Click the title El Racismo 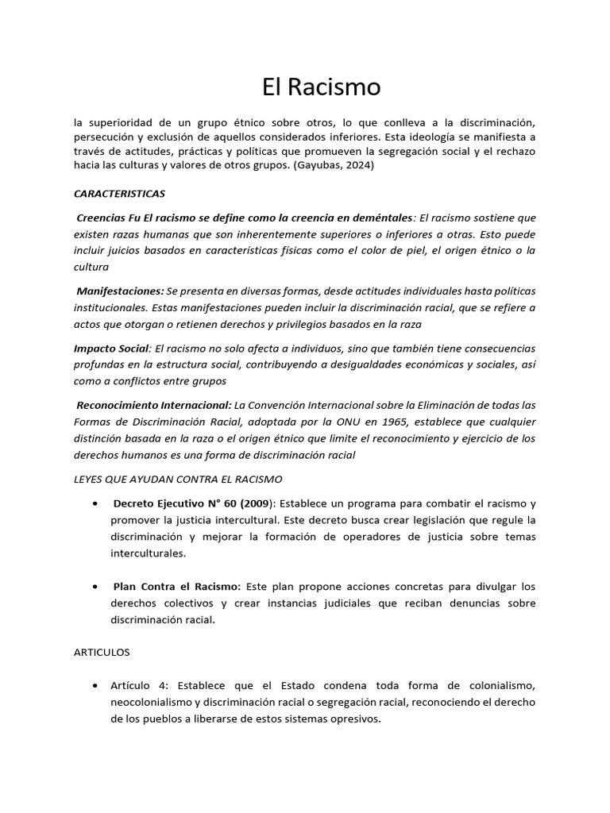click(x=321, y=87)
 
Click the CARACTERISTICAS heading click(x=119, y=193)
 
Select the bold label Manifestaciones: click(x=120, y=291)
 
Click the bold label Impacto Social click(x=111, y=348)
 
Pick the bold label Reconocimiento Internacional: click(x=154, y=405)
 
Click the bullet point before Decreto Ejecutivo click(x=95, y=504)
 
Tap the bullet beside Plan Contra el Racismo click(x=95, y=587)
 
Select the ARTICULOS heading click(x=101, y=652)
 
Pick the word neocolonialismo click(x=155, y=703)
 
